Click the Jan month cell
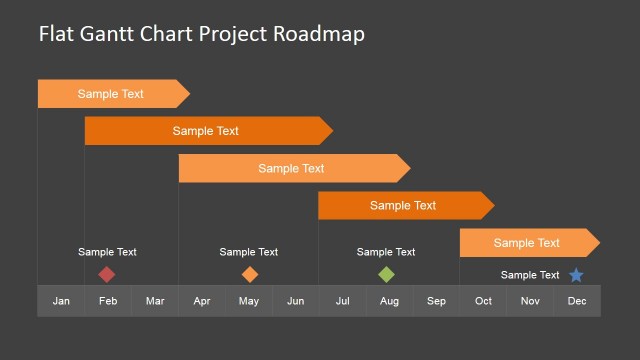(x=61, y=301)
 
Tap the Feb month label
(x=108, y=301)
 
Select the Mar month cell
(x=155, y=301)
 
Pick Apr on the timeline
(x=202, y=301)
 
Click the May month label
(x=249, y=301)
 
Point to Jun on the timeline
(x=296, y=301)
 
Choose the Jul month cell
(x=342, y=301)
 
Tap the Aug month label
(x=389, y=301)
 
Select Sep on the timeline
(x=436, y=301)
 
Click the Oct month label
(x=483, y=301)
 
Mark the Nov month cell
(x=530, y=301)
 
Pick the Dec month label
(x=577, y=301)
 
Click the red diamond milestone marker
(x=107, y=274)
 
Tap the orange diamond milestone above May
(x=249, y=274)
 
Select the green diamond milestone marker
(x=386, y=274)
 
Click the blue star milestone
(x=576, y=275)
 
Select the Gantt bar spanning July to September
(x=404, y=205)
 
